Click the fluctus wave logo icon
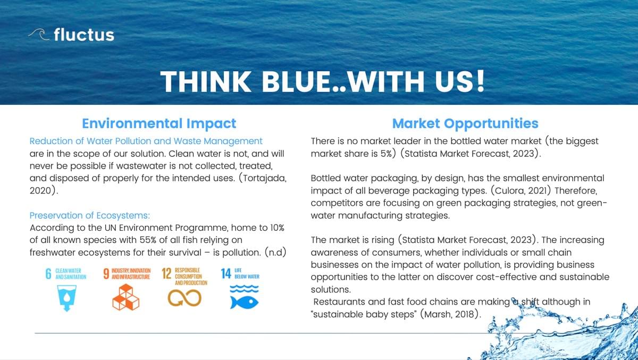pyautogui.click(x=39, y=34)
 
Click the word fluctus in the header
pyautogui.click(x=84, y=35)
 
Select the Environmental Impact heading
pyautogui.click(x=159, y=123)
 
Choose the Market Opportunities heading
pyautogui.click(x=465, y=123)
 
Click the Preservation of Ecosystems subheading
pyautogui.click(x=90, y=215)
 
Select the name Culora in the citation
pyautogui.click(x=509, y=190)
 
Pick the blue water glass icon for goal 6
pyautogui.click(x=66, y=298)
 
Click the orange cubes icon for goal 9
pyautogui.click(x=125, y=297)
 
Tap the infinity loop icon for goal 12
pyautogui.click(x=184, y=298)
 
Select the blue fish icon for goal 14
pyautogui.click(x=244, y=303)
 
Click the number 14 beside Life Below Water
pyautogui.click(x=226, y=274)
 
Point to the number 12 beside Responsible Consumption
pyautogui.click(x=166, y=274)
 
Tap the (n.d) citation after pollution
pyautogui.click(x=275, y=253)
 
